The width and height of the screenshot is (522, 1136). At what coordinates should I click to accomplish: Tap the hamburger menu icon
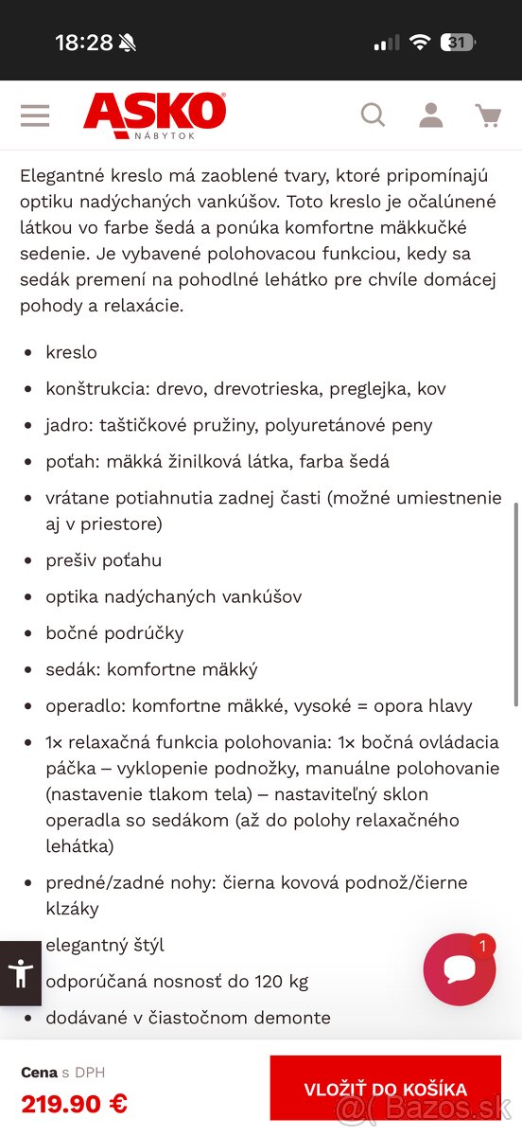click(x=35, y=115)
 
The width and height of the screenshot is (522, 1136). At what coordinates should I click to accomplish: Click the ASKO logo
click(x=155, y=113)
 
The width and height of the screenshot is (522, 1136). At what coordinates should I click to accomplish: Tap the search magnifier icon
click(x=374, y=115)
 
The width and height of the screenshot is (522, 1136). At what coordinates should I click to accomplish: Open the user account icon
click(x=431, y=115)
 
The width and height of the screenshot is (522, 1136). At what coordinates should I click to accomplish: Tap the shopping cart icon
click(x=488, y=115)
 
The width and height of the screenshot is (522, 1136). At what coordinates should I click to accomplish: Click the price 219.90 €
click(x=74, y=1103)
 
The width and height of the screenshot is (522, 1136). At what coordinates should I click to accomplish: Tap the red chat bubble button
click(x=459, y=969)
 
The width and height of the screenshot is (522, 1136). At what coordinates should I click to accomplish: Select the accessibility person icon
click(x=20, y=973)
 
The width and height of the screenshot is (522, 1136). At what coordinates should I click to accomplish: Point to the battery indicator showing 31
click(x=458, y=43)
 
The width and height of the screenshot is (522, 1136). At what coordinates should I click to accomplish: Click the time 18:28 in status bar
click(x=83, y=43)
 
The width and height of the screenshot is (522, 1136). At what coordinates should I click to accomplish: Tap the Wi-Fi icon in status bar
click(x=418, y=43)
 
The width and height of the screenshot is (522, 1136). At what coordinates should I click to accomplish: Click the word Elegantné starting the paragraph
click(x=62, y=176)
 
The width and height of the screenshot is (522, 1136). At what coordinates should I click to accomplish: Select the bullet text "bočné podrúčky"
click(x=114, y=632)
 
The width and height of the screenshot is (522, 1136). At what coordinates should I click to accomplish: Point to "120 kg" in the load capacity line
click(x=281, y=981)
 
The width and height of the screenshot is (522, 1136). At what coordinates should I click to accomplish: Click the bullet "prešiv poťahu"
click(x=104, y=560)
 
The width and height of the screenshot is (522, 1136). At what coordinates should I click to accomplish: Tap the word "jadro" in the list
click(x=68, y=425)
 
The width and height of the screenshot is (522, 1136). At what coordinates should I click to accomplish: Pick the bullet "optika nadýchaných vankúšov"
click(x=174, y=596)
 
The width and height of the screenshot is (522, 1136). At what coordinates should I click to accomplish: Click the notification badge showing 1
click(x=483, y=946)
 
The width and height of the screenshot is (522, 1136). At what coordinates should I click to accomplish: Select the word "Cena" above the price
click(x=39, y=1073)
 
